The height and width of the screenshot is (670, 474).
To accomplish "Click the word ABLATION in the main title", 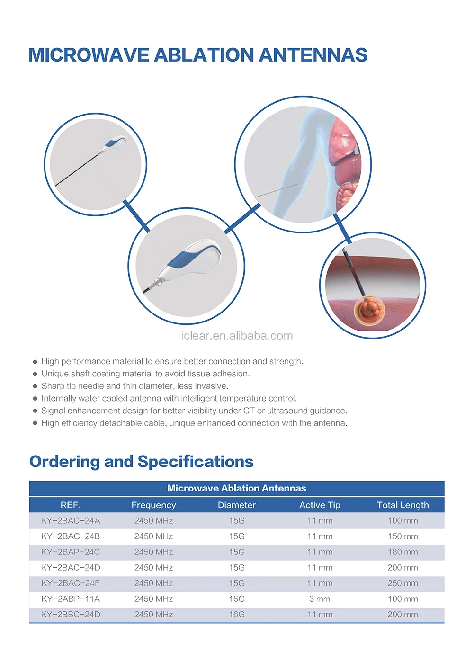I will tap(205, 55).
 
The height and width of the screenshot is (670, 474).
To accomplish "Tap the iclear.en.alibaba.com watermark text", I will tap(237, 336).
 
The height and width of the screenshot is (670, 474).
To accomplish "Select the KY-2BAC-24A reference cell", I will tap(71, 521).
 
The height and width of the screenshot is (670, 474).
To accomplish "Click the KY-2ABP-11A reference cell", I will tap(71, 599).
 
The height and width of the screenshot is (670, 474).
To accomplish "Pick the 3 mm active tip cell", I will tap(320, 599).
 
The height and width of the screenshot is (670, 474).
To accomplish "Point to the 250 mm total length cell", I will tap(402, 583).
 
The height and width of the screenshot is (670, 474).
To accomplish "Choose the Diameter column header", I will tap(237, 505).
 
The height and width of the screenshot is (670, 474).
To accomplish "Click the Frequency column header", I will tap(153, 505).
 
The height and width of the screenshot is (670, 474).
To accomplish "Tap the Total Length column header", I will tap(402, 505).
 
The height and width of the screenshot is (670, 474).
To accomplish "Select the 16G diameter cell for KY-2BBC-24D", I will tap(237, 615).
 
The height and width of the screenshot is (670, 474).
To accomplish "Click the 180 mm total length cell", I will tap(402, 552).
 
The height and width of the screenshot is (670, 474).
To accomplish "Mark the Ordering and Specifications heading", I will tap(141, 462).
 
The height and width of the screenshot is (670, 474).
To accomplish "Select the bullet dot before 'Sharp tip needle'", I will tap(35, 386).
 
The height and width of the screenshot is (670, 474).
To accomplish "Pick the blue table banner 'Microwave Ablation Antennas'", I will tap(237, 488).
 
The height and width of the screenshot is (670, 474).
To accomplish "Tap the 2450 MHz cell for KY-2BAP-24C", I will tap(153, 552).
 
